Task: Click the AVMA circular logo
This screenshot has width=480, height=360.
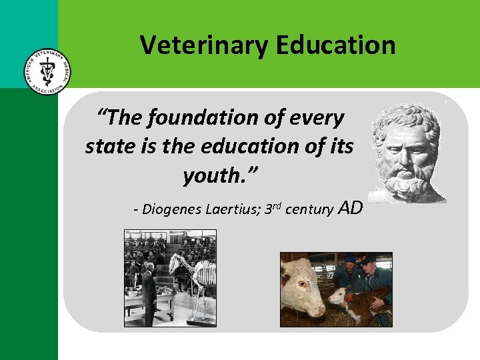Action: [x=45, y=71]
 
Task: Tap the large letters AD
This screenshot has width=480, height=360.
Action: [x=351, y=208]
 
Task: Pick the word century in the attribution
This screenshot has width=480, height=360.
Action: [x=309, y=210]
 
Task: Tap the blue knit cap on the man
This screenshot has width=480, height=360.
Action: [x=350, y=258]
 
